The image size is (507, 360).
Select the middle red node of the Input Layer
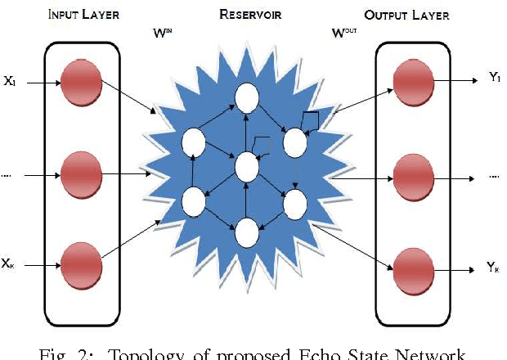80,173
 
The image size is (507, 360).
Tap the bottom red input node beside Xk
80,263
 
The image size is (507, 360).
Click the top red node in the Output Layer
411,82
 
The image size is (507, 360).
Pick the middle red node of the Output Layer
411,173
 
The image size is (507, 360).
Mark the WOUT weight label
343,34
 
